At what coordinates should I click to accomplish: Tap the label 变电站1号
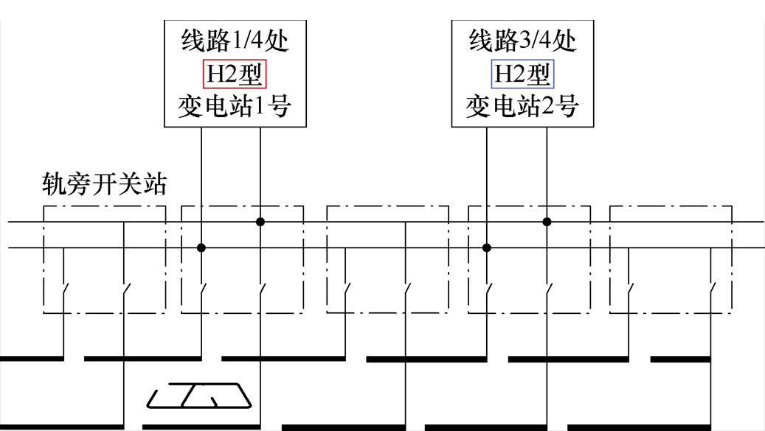(234, 108)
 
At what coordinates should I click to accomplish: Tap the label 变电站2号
(522, 108)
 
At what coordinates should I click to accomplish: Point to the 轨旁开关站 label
(103, 186)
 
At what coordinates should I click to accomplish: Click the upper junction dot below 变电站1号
(260, 221)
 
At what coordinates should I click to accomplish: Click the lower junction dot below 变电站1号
(201, 248)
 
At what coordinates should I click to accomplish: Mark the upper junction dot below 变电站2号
(547, 221)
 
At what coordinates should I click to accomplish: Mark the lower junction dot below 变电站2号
(486, 248)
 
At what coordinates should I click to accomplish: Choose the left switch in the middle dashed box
(346, 289)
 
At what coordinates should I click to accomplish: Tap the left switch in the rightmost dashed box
(629, 289)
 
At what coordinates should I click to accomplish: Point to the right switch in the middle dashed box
(405, 289)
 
